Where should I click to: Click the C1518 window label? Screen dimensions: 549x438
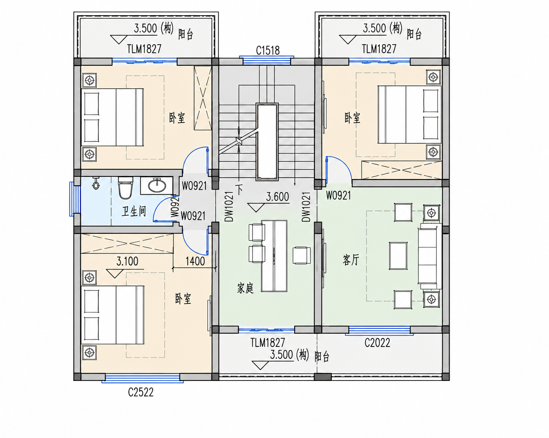[x=268, y=50]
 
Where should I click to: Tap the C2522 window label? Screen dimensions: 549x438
[x=141, y=392]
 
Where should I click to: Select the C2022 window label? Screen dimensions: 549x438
[x=377, y=343]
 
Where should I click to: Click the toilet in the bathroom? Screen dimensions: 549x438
[x=125, y=188]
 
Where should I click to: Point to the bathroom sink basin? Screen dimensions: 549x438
[x=157, y=186]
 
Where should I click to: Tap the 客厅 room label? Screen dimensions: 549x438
[x=351, y=260]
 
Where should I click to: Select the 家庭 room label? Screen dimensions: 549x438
[x=245, y=288]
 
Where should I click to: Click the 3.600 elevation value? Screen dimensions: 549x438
[x=277, y=197]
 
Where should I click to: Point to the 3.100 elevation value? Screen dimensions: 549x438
[x=127, y=261]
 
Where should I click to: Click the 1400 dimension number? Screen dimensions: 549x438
[x=195, y=261]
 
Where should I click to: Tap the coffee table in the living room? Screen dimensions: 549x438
[x=398, y=256]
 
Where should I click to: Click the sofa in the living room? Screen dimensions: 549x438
[x=429, y=256]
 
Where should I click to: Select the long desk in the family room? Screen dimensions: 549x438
[x=274, y=256]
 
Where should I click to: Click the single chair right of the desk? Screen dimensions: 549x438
[x=302, y=255]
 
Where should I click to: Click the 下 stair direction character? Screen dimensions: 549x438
[x=239, y=189]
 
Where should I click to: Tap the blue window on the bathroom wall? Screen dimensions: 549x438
[x=72, y=199]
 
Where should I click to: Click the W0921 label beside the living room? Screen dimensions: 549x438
[x=338, y=196]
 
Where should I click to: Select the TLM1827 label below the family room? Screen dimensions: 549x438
[x=268, y=343]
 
